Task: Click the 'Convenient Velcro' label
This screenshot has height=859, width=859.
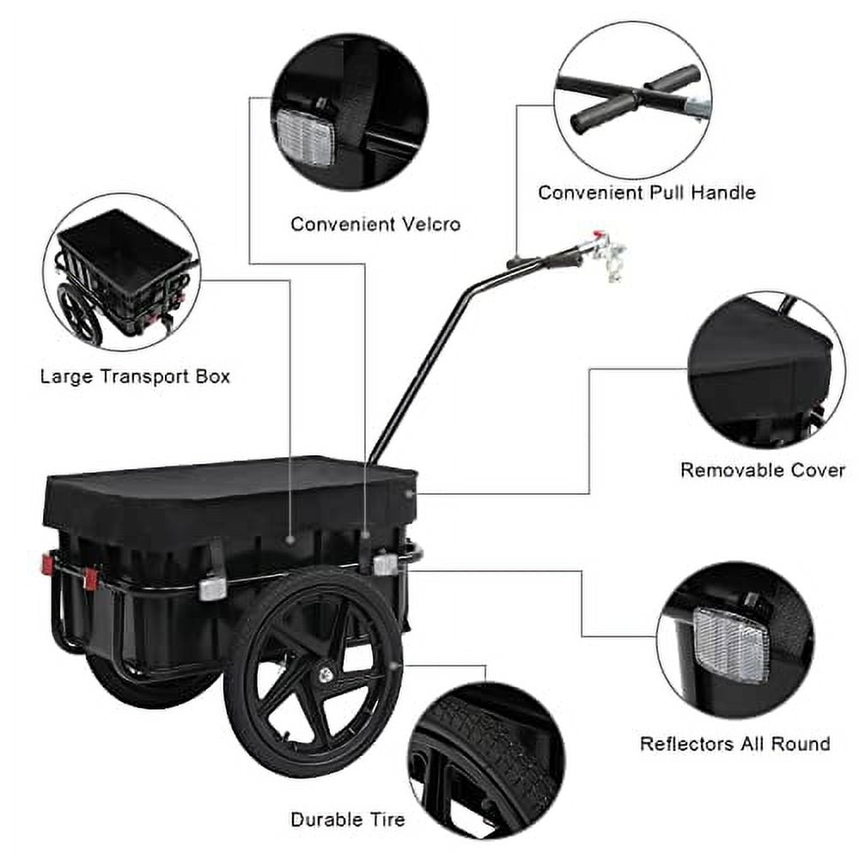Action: tap(375, 224)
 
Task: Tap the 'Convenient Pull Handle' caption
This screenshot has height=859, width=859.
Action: tap(647, 192)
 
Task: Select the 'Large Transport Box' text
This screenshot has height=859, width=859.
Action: tap(135, 376)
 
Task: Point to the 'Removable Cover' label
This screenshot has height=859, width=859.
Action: tap(762, 470)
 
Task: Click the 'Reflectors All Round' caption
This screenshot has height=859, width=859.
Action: tap(734, 743)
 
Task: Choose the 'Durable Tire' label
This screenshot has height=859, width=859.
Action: tap(347, 819)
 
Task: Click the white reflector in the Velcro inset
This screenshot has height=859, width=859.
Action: tap(303, 133)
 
